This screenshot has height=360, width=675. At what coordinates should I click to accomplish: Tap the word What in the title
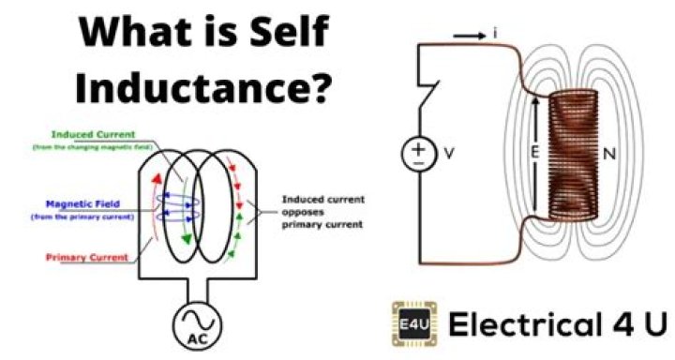coord(128,35)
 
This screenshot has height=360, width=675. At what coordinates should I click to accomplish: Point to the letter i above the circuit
coord(493,34)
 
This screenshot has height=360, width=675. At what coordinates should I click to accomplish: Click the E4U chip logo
coord(410,323)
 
